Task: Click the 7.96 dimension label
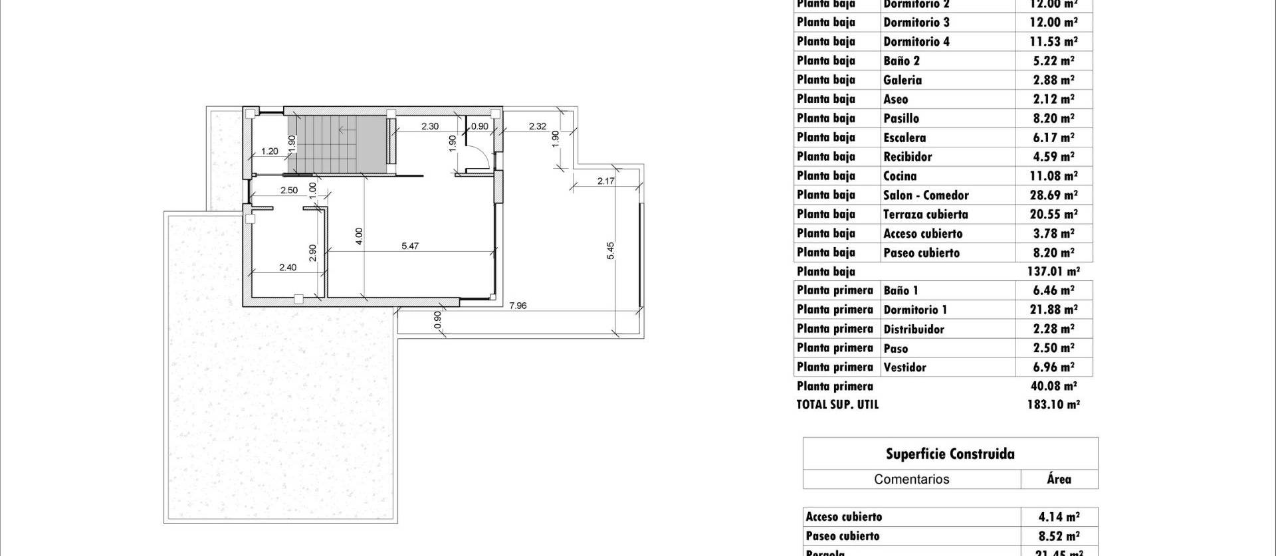click(518, 306)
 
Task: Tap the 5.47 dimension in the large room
click(410, 246)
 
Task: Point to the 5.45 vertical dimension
click(611, 250)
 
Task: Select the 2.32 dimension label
click(538, 126)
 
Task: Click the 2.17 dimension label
click(605, 181)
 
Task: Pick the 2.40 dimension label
click(288, 268)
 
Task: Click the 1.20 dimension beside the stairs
click(269, 151)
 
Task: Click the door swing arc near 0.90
click(482, 158)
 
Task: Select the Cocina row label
click(900, 176)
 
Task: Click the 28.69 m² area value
click(1053, 195)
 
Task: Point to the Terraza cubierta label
click(925, 215)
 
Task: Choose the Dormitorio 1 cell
click(915, 310)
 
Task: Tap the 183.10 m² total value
click(1053, 405)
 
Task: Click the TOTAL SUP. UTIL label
click(837, 405)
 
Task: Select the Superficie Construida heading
click(950, 454)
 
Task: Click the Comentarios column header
click(911, 480)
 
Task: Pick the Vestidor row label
click(904, 367)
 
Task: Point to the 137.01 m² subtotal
click(1053, 272)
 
